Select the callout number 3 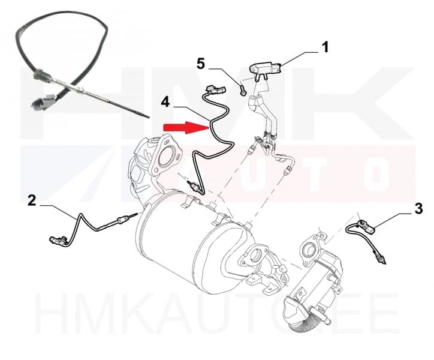tap(418, 209)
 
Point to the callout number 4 tap(165, 102)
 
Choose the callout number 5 tap(201, 63)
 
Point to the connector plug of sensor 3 tap(364, 227)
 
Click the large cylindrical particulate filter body tap(192, 246)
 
